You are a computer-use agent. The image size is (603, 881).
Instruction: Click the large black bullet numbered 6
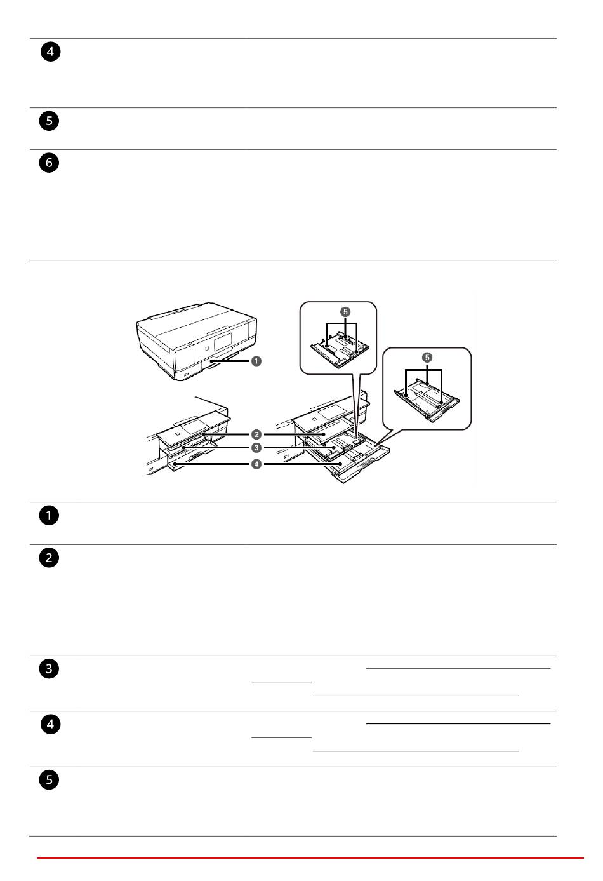[49, 163]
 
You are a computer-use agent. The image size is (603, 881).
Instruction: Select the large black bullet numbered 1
[49, 516]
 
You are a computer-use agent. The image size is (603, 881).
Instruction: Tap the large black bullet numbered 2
[49, 558]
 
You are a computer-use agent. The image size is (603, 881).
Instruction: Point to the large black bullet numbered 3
[49, 669]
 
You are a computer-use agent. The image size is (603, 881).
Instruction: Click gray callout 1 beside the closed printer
[256, 361]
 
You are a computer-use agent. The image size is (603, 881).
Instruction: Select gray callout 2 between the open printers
[256, 434]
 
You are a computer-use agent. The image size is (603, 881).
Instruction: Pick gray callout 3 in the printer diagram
[256, 448]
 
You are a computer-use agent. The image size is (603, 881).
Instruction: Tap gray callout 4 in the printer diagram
[256, 464]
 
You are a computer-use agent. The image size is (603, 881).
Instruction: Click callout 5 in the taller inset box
[345, 312]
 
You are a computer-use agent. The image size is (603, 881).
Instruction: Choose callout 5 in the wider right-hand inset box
[427, 358]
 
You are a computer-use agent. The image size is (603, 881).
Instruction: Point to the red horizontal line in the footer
[310, 857]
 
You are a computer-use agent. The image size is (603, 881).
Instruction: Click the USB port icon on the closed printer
[186, 374]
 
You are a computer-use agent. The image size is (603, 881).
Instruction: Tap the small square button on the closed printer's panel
[208, 349]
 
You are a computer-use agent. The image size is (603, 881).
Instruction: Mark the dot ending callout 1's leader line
[211, 361]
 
